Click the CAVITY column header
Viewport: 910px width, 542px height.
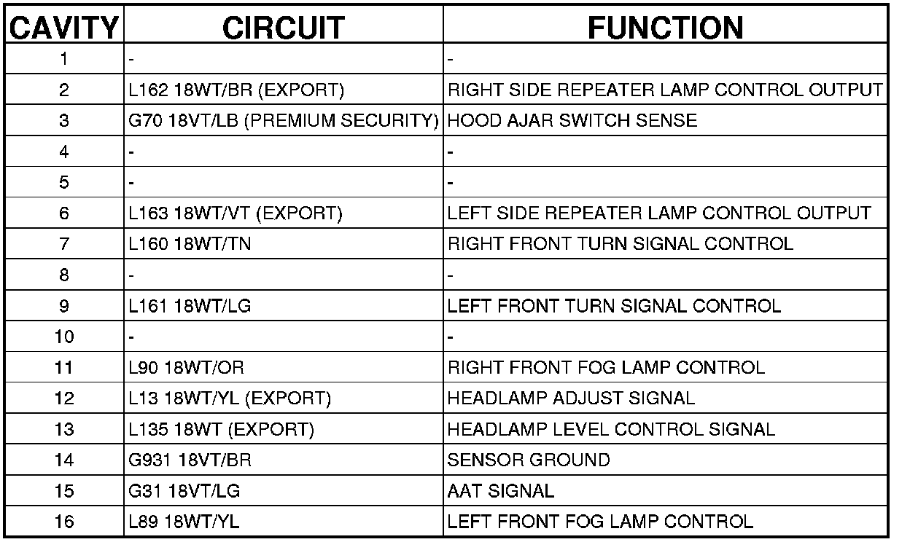click(63, 28)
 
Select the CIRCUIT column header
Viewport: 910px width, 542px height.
click(283, 28)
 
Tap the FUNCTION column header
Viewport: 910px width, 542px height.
click(666, 28)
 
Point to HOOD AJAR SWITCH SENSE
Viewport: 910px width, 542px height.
click(572, 121)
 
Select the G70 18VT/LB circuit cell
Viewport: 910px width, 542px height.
click(283, 121)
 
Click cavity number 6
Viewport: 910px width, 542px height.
click(64, 213)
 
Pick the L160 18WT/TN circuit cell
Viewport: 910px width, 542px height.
click(190, 244)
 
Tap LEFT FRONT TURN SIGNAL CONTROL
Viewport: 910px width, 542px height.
click(614, 306)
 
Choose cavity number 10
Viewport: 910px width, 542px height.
click(64, 337)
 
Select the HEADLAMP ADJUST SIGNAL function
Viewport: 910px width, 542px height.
click(571, 398)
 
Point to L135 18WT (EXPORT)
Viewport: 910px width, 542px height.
click(221, 429)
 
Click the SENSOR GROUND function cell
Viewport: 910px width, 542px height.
click(529, 460)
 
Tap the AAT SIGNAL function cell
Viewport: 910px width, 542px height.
click(501, 491)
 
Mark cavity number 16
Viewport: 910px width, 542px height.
click(64, 522)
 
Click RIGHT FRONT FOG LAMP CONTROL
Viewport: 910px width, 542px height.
click(606, 367)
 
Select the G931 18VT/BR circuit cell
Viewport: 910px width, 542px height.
click(190, 460)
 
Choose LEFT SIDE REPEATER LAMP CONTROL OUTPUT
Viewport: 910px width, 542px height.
click(659, 213)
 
